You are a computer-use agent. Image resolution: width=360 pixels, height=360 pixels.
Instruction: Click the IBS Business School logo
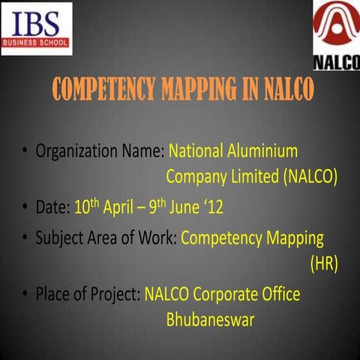37,28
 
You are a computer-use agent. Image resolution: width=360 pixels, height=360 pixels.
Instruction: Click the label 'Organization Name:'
100,151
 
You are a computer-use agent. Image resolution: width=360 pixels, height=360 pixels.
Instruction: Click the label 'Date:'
52,206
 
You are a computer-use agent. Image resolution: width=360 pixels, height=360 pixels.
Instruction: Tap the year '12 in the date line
213,206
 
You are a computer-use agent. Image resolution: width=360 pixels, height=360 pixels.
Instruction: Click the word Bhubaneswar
210,321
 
